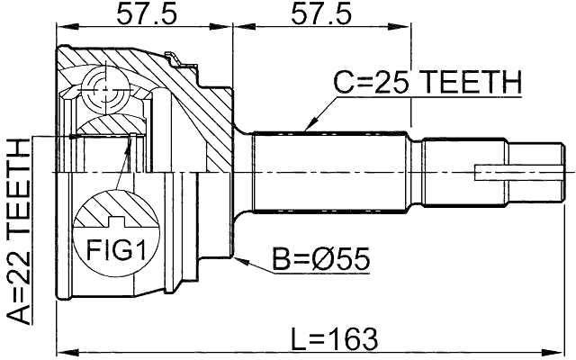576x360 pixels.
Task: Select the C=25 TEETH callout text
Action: pos(427,84)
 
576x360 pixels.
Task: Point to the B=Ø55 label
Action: pos(322,260)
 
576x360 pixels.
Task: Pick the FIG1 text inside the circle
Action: pos(114,249)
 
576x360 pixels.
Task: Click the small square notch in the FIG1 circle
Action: pos(114,222)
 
